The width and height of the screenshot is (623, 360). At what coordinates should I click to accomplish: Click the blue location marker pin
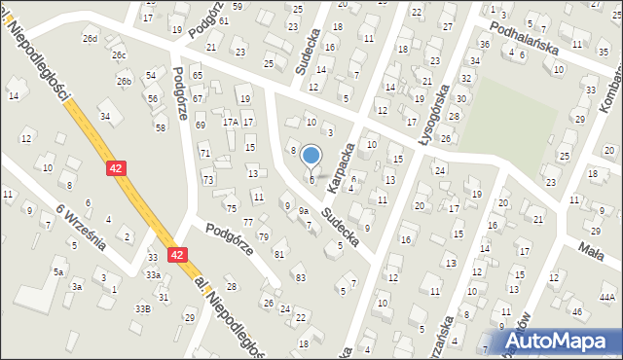click(x=311, y=156)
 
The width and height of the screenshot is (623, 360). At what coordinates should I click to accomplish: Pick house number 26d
click(x=90, y=39)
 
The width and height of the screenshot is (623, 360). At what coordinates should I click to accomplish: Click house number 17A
click(x=230, y=122)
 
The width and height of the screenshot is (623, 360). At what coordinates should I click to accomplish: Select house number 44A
click(x=607, y=297)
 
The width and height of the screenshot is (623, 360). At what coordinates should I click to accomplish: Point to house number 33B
click(x=143, y=308)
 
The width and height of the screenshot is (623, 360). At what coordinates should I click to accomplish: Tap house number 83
click(x=300, y=278)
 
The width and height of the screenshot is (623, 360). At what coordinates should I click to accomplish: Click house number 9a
click(x=304, y=210)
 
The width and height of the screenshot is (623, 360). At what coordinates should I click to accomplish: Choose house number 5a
click(x=58, y=271)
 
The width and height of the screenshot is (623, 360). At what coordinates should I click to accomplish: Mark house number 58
click(x=160, y=127)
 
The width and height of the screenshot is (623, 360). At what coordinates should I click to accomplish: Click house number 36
click(x=484, y=45)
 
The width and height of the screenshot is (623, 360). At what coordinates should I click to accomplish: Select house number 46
click(x=576, y=311)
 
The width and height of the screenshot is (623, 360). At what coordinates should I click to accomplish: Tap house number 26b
click(x=125, y=82)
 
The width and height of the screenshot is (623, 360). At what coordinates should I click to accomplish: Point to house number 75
click(x=231, y=208)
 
